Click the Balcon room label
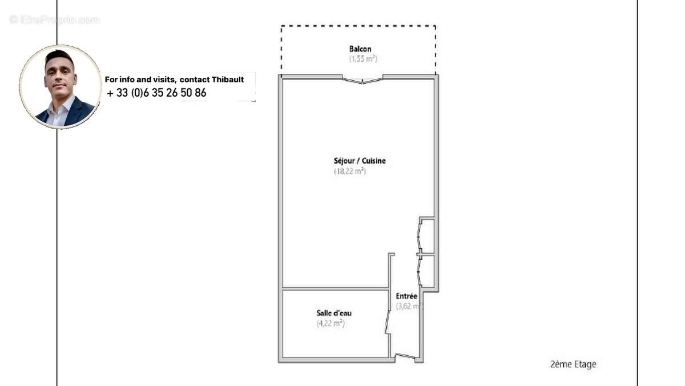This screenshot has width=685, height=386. coord(360,49)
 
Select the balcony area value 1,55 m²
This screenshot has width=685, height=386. coord(363,59)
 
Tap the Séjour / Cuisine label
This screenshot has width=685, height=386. coord(360,161)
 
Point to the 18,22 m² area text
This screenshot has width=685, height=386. coord(349,171)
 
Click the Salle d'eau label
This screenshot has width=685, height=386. coord(334,313)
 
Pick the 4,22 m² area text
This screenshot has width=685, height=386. coord(331,324)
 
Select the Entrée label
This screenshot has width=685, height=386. coord(406,296)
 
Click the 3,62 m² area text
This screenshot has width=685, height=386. coord(409,307)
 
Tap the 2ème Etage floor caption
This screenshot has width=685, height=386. coord(573,364)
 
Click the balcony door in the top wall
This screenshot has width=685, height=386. coord(362,79)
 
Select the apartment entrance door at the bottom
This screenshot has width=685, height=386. coord(406,357)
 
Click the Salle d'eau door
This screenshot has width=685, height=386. coord(389,323)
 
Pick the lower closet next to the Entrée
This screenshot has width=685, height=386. coord(427,272)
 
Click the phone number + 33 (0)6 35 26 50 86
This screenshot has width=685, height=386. coord(156,93)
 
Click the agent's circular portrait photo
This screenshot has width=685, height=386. coord(61,86)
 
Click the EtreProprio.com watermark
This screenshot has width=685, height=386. coord(54,20)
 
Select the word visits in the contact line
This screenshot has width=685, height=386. coord(162,79)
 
